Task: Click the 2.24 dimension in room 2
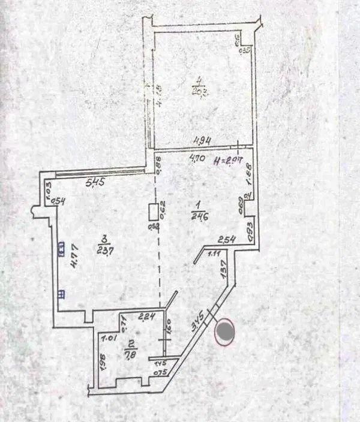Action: (146, 316)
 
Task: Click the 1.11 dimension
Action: (214, 255)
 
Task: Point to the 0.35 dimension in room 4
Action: (244, 49)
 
